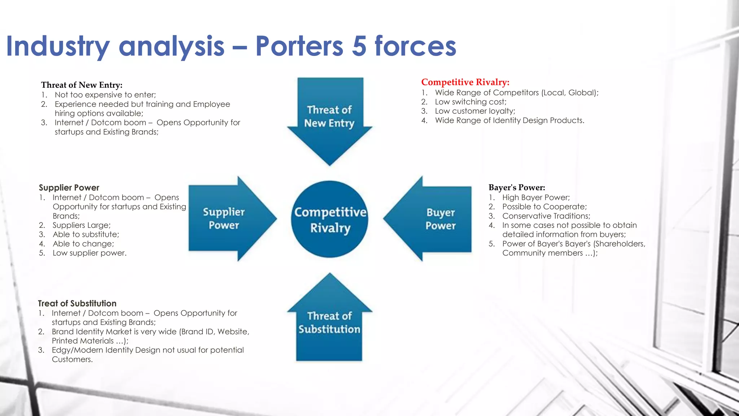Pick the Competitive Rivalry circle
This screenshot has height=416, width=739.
[329, 219]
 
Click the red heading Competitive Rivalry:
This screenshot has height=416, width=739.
[465, 82]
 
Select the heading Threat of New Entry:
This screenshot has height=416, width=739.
[82, 85]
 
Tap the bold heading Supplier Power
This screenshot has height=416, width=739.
[69, 188]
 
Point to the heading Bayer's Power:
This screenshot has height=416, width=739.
[516, 187]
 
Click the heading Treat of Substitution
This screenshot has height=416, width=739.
[77, 303]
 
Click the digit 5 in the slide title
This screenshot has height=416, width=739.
[359, 46]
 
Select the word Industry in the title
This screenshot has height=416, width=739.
[58, 46]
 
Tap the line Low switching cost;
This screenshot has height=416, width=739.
[471, 102]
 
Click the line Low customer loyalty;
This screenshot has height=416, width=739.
[475, 111]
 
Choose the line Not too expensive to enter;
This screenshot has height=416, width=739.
[105, 95]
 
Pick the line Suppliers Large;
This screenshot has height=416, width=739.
[82, 225]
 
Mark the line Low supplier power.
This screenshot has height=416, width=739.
[89, 253]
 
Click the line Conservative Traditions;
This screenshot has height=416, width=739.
[546, 216]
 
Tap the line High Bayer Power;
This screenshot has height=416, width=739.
[536, 198]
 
